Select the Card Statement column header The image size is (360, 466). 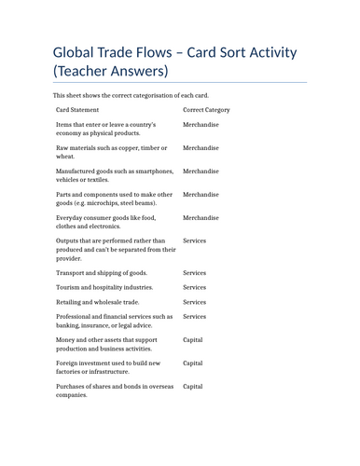(x=82, y=110)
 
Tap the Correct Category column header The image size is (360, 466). (x=206, y=110)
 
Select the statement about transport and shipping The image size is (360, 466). (x=102, y=272)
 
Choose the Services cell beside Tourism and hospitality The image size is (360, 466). (x=194, y=287)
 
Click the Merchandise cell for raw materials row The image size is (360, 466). (x=201, y=147)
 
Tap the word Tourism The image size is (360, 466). (x=71, y=287)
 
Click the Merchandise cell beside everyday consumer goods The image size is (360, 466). (x=201, y=217)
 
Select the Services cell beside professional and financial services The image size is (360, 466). (x=194, y=317)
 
